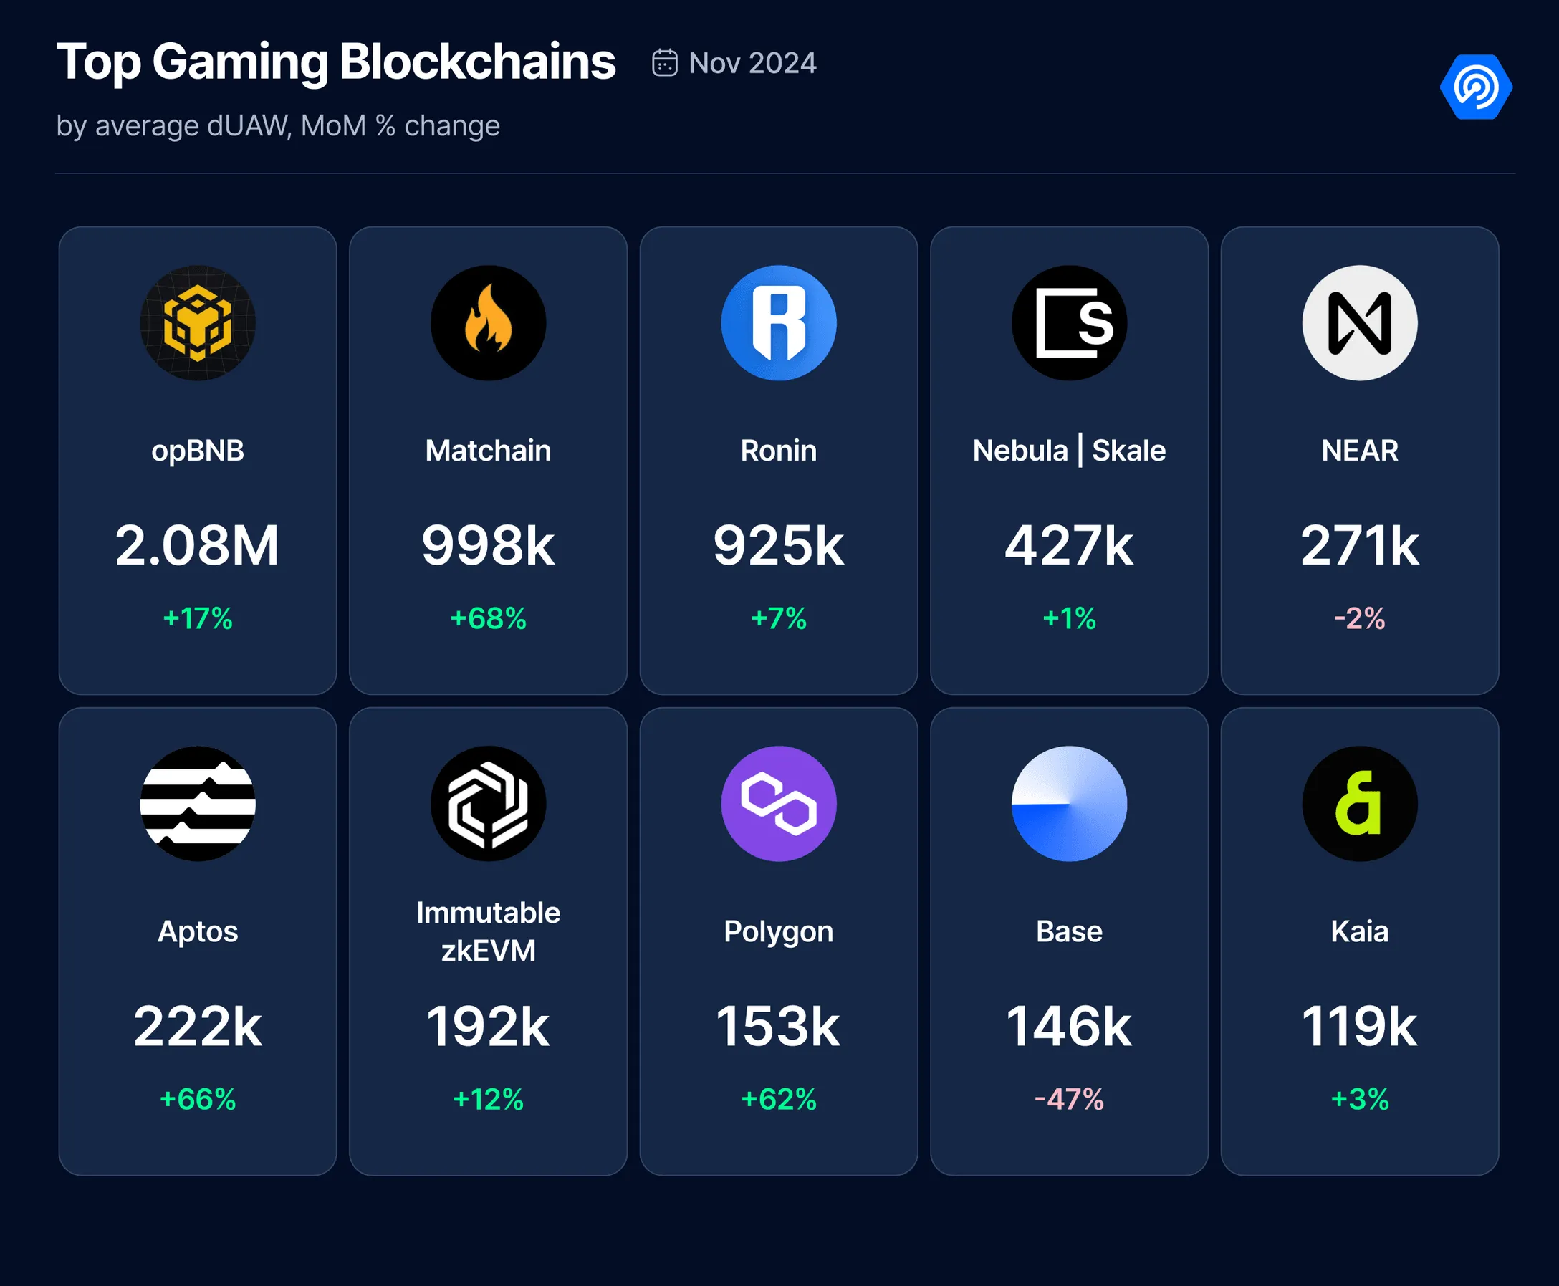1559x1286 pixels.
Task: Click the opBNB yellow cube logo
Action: pyautogui.click(x=198, y=323)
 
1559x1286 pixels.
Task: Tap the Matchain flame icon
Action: pyautogui.click(x=488, y=323)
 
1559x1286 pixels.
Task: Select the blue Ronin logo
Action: pyautogui.click(x=778, y=323)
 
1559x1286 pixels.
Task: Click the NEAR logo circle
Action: pyautogui.click(x=1360, y=323)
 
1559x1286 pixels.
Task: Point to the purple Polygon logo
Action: pyautogui.click(x=778, y=804)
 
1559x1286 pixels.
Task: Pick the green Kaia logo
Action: pyautogui.click(x=1360, y=804)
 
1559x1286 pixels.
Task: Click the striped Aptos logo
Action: pyautogui.click(x=198, y=804)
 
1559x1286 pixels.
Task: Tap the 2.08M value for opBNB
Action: pyautogui.click(x=198, y=546)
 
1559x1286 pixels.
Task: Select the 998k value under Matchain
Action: pyautogui.click(x=488, y=546)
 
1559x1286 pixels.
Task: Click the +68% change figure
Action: pyautogui.click(x=488, y=618)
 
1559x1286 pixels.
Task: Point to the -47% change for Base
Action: pyautogui.click(x=1069, y=1099)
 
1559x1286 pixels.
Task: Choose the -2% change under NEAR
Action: pyautogui.click(x=1360, y=618)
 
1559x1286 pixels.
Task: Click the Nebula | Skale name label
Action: pyautogui.click(x=1069, y=451)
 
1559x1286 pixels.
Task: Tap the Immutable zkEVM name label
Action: pyautogui.click(x=488, y=931)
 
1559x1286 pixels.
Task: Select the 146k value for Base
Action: pyautogui.click(x=1069, y=1027)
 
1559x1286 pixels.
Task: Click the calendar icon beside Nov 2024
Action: pyautogui.click(x=664, y=63)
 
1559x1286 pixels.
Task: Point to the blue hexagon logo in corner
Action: pyautogui.click(x=1475, y=87)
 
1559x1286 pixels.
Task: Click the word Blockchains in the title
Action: pyautogui.click(x=478, y=62)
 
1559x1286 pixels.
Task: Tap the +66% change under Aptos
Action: pyautogui.click(x=198, y=1099)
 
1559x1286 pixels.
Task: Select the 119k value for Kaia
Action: pyautogui.click(x=1360, y=1027)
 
